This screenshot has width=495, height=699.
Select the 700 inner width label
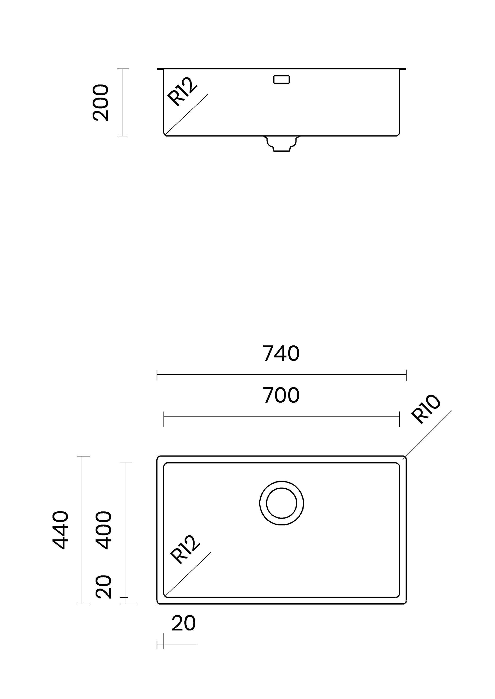281,395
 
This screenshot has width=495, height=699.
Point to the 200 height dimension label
100,103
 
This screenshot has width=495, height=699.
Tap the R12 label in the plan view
185,549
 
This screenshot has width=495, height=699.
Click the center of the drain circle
281,503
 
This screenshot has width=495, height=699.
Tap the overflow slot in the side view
281,79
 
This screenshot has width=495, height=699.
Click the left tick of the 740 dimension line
157,375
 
